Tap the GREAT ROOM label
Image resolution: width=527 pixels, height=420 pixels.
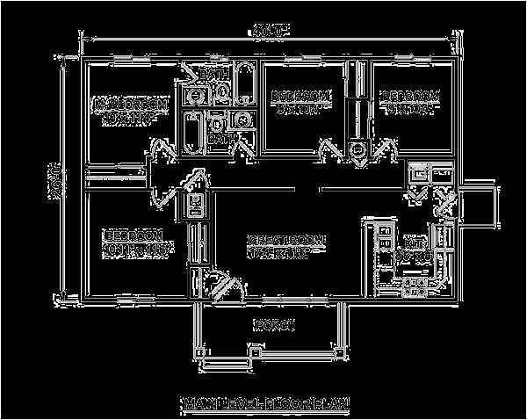[x=286, y=239]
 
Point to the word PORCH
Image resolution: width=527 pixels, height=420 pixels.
[x=271, y=323]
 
